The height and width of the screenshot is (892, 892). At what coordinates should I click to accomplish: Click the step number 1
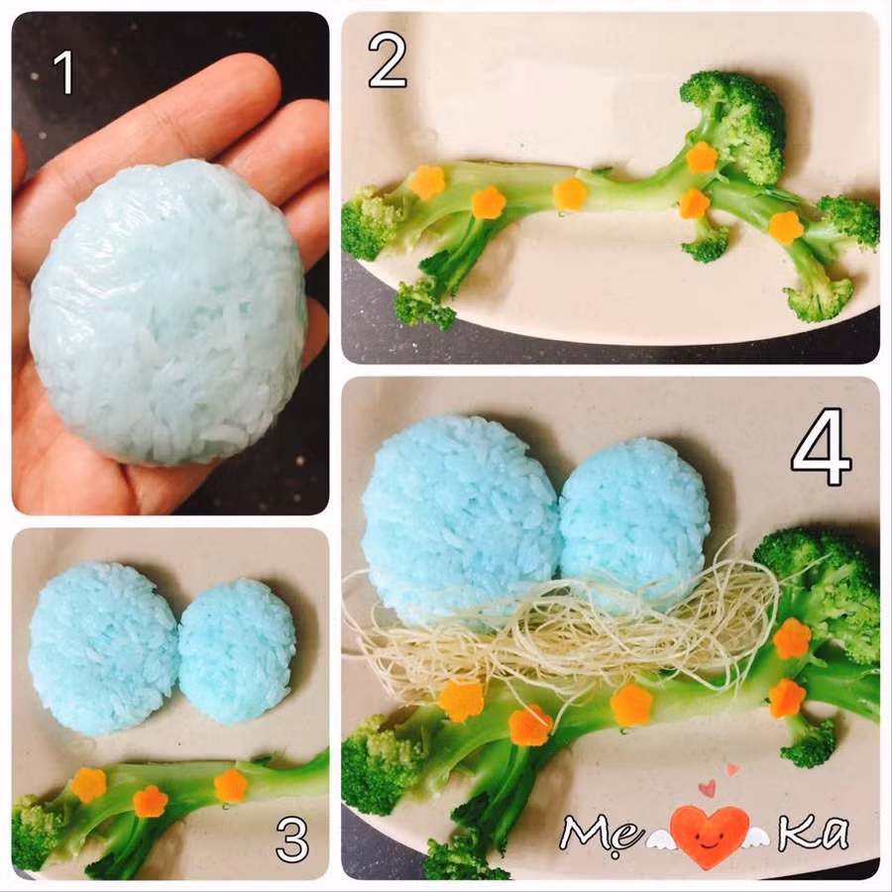(64, 72)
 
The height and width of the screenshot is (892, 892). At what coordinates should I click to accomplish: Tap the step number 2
(388, 59)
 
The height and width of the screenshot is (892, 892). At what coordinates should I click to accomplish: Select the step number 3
(291, 839)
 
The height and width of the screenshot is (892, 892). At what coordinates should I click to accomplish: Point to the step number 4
(821, 447)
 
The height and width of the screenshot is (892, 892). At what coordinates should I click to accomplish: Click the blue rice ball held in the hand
(167, 312)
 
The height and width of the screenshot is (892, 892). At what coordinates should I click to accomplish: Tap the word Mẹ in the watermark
(601, 834)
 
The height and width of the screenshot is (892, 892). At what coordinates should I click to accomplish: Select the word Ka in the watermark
(814, 832)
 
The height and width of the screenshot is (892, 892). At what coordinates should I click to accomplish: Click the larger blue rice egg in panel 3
(103, 647)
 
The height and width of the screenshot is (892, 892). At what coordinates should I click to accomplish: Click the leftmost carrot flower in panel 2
(427, 181)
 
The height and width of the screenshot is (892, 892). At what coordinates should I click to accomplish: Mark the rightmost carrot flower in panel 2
(786, 227)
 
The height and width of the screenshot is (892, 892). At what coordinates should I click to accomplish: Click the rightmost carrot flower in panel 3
(231, 786)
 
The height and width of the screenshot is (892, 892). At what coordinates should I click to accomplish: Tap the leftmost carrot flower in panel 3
(89, 785)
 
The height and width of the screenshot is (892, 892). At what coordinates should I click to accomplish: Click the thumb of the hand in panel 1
(18, 161)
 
